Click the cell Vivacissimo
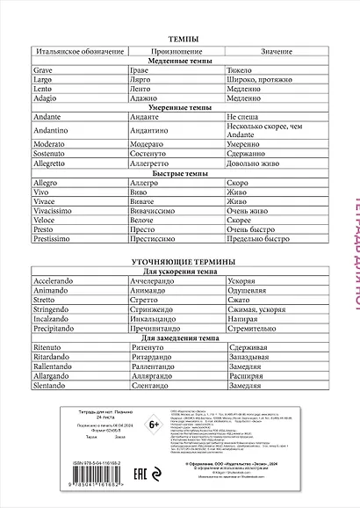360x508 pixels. pyautogui.click(x=55, y=210)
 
